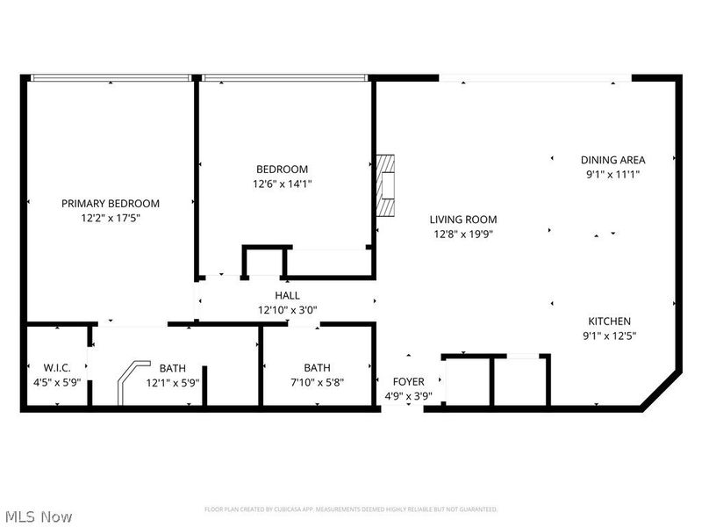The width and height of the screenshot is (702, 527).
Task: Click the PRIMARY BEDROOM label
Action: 111,203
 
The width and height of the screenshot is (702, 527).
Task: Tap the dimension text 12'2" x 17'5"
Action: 111,217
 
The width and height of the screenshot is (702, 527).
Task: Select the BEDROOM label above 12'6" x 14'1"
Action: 282,170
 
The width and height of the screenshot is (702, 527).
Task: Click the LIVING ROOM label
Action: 463,220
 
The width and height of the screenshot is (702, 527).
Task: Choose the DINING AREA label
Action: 612,160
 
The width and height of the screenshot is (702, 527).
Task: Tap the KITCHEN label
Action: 609,321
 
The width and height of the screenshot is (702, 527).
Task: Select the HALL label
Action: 287,296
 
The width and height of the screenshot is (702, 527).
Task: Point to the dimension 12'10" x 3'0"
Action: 287,310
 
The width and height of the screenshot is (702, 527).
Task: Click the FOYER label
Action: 408,382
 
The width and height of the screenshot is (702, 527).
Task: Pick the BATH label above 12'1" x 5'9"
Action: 173,368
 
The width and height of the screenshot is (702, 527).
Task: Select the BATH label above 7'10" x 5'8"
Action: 318,368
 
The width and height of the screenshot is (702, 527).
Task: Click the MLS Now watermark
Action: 39,517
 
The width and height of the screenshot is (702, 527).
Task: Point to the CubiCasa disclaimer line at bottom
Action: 351,509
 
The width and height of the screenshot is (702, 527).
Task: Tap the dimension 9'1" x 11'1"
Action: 612,174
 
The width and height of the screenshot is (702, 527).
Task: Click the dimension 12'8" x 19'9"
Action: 463,234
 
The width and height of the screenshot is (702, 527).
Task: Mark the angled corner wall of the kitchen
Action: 661,390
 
